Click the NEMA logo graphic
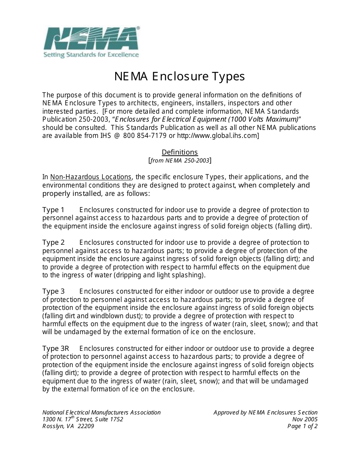point(91,39)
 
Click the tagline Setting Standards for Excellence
point(91,55)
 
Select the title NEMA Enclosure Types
point(180,77)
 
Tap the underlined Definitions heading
point(180,152)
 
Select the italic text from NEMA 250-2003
point(180,161)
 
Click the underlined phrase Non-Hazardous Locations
point(91,177)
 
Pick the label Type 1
point(53,210)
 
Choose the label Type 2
point(53,242)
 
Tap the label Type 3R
point(56,349)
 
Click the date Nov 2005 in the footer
point(305,419)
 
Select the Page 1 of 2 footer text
point(302,426)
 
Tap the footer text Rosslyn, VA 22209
point(68,426)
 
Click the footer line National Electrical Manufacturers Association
point(102,413)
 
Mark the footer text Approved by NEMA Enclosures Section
point(265,413)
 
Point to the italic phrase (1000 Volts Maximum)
point(260,119)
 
